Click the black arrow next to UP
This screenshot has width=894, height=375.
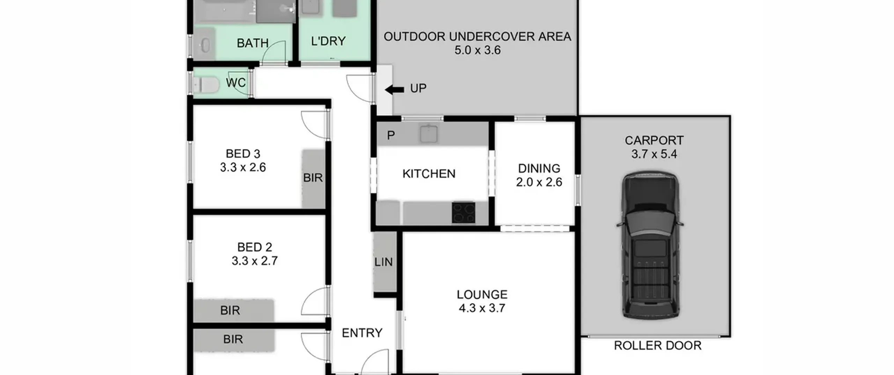click(394, 90)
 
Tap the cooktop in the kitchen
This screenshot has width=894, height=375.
click(463, 212)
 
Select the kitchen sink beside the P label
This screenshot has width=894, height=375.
click(429, 134)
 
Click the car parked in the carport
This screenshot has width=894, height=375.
click(650, 245)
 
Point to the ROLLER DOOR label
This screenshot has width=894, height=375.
click(658, 346)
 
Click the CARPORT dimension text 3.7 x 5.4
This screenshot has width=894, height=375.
click(654, 154)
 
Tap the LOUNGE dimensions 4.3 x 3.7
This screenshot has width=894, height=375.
click(482, 308)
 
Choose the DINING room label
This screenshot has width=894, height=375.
click(539, 168)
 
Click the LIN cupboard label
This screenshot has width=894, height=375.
click(383, 262)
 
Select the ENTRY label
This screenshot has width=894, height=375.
click(362, 333)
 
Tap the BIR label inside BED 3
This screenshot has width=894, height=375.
click(313, 178)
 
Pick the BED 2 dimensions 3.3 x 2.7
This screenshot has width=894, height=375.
click(255, 261)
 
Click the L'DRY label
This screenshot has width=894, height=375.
click(328, 41)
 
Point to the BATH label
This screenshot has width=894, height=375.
click(253, 43)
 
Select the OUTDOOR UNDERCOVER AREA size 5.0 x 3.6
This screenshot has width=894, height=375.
click(477, 50)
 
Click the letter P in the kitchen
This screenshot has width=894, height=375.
click(391, 135)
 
